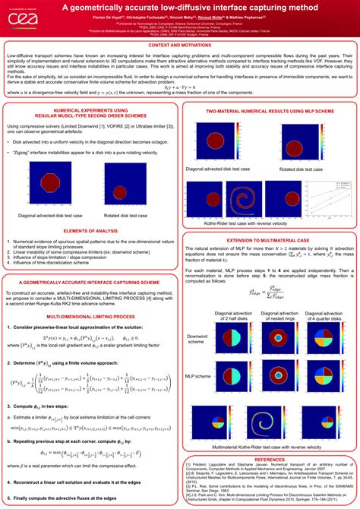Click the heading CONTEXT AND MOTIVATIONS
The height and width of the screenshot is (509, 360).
(180, 46)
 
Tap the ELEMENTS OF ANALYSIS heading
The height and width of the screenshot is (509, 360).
(90, 229)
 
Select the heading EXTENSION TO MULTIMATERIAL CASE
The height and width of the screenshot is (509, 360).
(270, 239)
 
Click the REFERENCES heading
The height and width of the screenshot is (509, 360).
(270, 459)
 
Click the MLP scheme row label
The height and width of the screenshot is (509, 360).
(198, 375)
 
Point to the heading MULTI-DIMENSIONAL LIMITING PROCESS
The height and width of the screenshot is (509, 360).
(90, 336)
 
